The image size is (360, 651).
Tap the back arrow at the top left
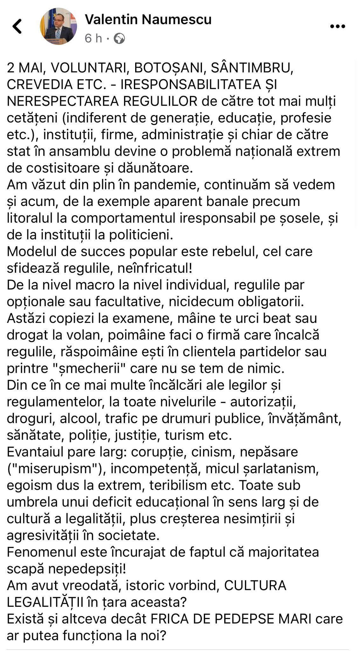pyautogui.click(x=17, y=26)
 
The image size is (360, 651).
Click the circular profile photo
pyautogui.click(x=58, y=26)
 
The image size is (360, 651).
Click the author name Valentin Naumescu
pyautogui.click(x=148, y=20)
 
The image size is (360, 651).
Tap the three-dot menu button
pyautogui.click(x=337, y=26)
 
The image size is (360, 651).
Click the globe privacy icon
pyautogui.click(x=119, y=39)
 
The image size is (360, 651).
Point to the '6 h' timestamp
pyautogui.click(x=93, y=39)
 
